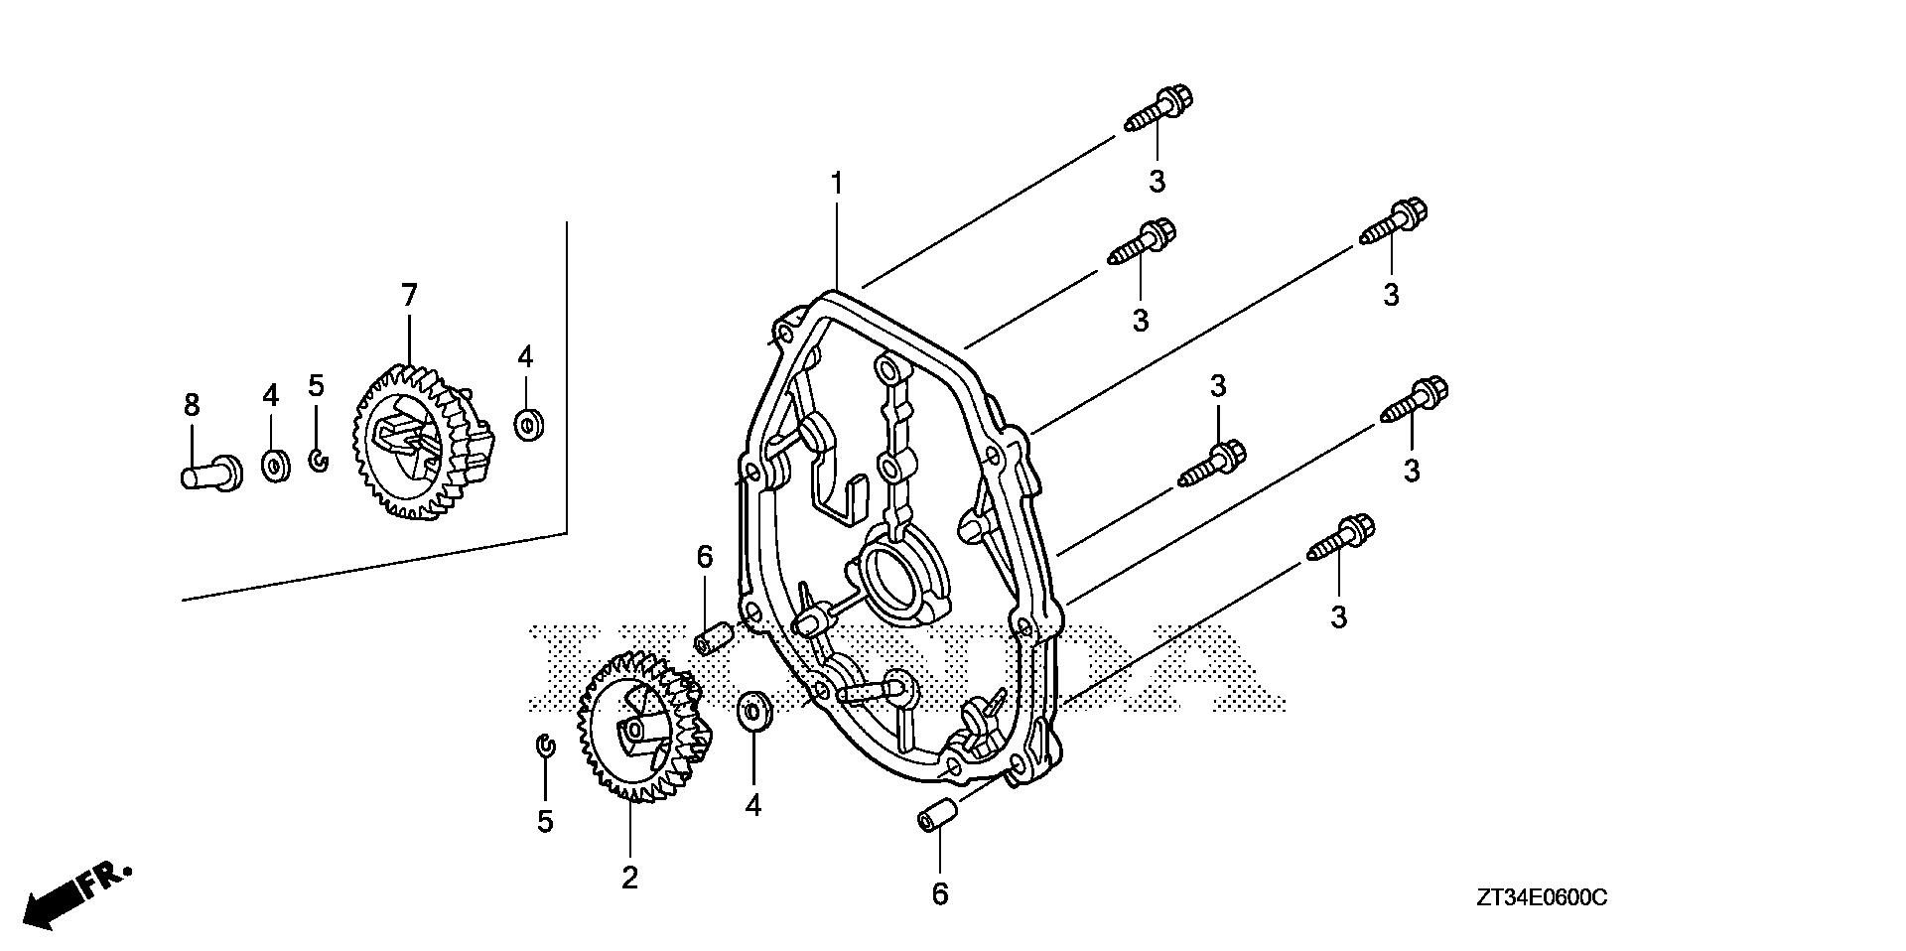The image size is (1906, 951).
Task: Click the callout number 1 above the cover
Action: point(837,184)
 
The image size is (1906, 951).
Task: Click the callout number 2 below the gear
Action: point(629,878)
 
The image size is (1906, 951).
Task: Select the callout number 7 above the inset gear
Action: point(409,295)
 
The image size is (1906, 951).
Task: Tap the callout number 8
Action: point(192,404)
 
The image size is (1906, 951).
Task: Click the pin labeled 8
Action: point(210,471)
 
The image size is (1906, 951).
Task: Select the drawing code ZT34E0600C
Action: point(1541,898)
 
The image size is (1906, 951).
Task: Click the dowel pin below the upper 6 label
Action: point(712,638)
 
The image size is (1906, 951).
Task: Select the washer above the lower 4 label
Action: point(754,711)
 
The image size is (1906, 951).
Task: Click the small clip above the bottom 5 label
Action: point(544,746)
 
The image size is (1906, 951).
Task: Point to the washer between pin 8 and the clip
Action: point(274,465)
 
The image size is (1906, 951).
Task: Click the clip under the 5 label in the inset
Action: point(318,460)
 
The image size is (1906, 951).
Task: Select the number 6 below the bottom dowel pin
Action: point(940,894)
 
